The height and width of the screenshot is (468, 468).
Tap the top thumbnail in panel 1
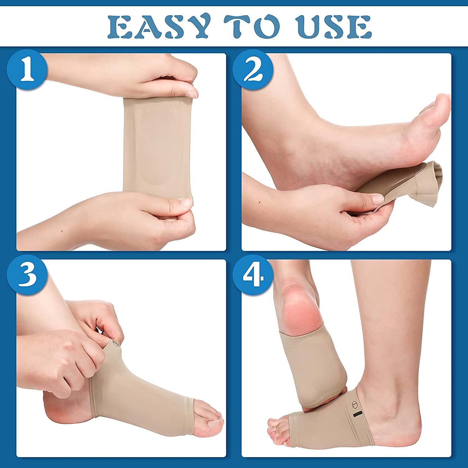point(190,92)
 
